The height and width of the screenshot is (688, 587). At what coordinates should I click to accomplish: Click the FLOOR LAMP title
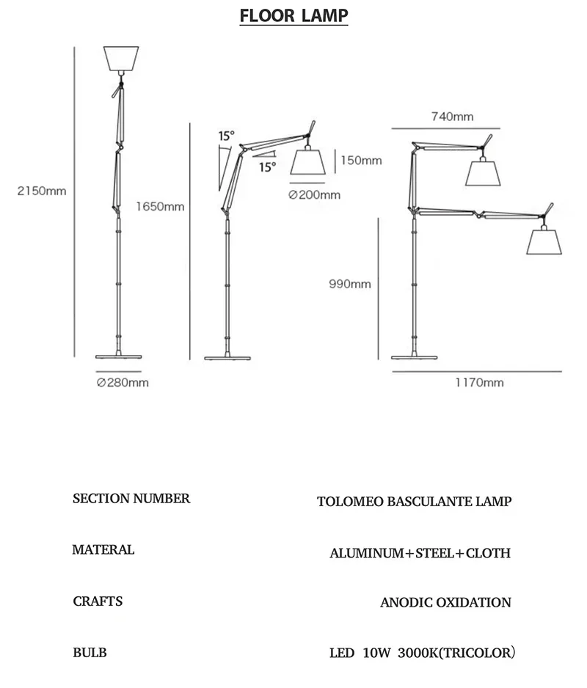pos(293,16)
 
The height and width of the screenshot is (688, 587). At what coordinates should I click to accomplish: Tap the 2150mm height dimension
pos(42,191)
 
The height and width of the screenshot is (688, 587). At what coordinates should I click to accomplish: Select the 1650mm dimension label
pos(160,206)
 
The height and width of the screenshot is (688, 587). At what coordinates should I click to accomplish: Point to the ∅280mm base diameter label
pos(123,382)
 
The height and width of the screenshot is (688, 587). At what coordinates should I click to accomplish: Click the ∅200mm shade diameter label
pos(315,194)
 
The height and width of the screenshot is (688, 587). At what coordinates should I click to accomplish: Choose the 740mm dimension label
pos(452,117)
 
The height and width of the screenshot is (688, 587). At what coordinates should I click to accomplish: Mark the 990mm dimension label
pos(350,285)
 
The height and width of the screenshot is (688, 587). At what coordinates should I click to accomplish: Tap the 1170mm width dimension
pos(479,382)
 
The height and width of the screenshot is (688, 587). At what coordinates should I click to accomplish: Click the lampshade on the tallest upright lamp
pos(122,58)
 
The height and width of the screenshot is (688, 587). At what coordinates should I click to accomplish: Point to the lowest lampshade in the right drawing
pos(544,241)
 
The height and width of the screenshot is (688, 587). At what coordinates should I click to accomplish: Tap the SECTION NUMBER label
pos(131,499)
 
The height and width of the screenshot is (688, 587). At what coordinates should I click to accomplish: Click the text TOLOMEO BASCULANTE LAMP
pos(414,502)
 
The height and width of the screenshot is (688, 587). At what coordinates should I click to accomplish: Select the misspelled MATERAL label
pos(103,549)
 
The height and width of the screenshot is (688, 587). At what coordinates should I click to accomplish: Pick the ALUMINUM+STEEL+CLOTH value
pos(420,553)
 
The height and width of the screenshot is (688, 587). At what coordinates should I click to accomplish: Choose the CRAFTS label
pos(98,601)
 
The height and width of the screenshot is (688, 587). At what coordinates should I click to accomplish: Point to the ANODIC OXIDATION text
pos(445,603)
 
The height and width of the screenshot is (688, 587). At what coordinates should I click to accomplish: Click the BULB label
pos(90,652)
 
